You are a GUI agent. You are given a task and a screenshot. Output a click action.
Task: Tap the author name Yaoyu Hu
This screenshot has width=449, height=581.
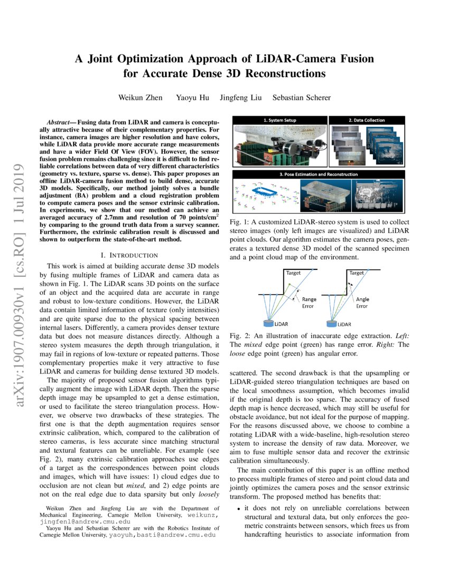(x=205, y=97)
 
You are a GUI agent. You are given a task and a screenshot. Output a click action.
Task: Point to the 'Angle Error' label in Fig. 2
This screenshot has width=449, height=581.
(x=362, y=303)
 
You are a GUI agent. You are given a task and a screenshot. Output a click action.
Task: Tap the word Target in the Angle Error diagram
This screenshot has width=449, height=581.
(x=357, y=273)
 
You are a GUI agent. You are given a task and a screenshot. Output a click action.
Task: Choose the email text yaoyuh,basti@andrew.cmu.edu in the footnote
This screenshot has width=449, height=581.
(x=163, y=535)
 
